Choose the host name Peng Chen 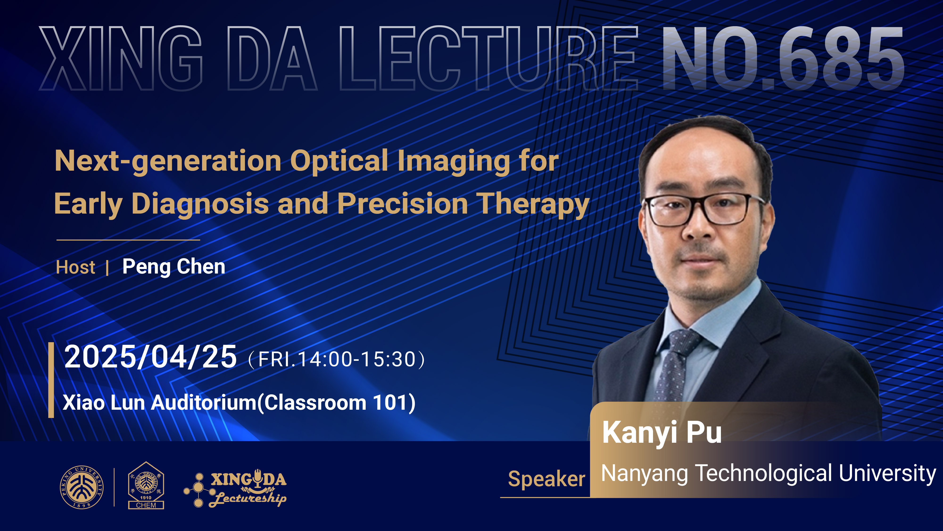click(x=174, y=267)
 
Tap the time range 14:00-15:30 click(x=357, y=359)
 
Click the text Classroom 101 click(x=337, y=403)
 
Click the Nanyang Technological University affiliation click(x=768, y=473)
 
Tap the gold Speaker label click(x=546, y=479)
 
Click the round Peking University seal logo click(x=82, y=487)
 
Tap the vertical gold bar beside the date click(x=51, y=380)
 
